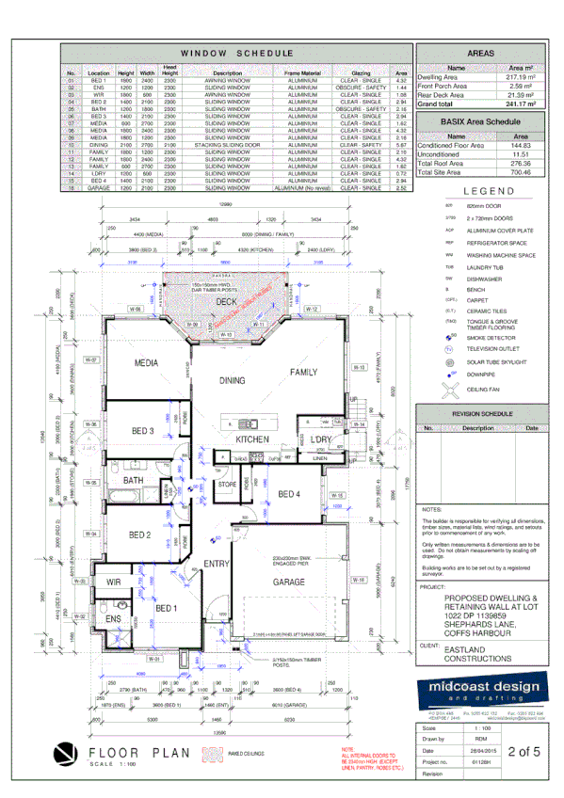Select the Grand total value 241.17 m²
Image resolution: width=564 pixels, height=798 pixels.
(520, 104)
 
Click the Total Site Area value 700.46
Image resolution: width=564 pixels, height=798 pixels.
(520, 172)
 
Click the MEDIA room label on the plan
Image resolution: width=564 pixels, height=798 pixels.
(146, 362)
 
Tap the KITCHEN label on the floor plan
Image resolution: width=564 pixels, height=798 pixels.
(252, 439)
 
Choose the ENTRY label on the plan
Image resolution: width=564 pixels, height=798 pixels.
(217, 564)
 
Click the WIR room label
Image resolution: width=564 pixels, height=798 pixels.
(116, 583)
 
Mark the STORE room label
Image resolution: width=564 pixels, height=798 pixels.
(227, 485)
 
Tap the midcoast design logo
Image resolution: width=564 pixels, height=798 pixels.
(479, 691)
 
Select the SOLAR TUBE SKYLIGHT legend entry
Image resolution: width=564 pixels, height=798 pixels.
(480, 361)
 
